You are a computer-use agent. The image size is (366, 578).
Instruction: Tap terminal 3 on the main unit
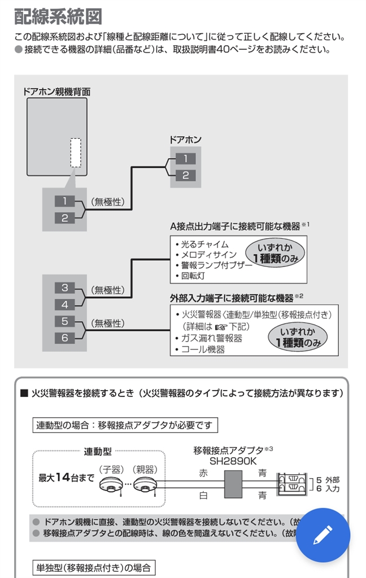[64, 288]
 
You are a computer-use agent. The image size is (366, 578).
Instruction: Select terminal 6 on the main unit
[64, 338]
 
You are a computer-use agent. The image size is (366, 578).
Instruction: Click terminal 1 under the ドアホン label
[185, 159]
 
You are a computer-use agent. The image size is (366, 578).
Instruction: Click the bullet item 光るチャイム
[202, 244]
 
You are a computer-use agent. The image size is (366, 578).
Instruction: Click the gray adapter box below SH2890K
[233, 484]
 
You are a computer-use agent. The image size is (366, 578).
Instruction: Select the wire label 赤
[203, 474]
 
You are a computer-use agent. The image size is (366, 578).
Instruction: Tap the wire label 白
[203, 496]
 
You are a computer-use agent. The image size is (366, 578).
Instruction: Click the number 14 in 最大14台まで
[63, 477]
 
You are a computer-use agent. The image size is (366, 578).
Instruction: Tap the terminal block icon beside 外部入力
[293, 484]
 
